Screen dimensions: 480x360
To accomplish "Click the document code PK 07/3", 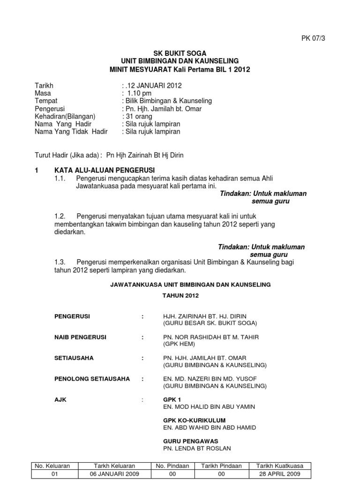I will click(x=313, y=38).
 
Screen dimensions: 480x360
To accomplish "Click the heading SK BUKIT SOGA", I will click(x=180, y=53).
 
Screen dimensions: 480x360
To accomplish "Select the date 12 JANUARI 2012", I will click(x=153, y=86).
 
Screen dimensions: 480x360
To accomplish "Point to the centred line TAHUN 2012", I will click(x=180, y=296).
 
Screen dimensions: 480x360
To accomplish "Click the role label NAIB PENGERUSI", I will click(x=81, y=337).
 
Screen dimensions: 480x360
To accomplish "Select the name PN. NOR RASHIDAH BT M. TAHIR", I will click(x=210, y=337).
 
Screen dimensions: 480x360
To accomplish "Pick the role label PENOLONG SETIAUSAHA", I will click(x=92, y=378).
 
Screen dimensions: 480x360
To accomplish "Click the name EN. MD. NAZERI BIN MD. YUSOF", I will click(x=210, y=378).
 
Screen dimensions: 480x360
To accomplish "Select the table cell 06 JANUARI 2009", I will click(x=114, y=474).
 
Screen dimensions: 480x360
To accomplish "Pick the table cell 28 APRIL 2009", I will click(x=280, y=474).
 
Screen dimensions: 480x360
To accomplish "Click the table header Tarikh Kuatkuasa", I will click(x=280, y=466).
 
